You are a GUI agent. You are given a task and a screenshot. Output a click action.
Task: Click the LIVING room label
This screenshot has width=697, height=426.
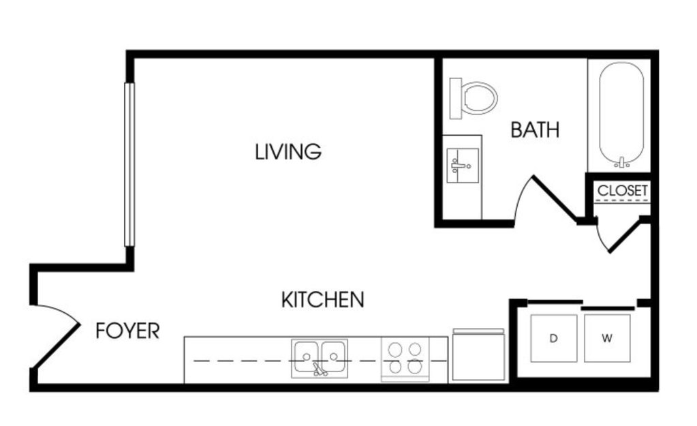pos(288,151)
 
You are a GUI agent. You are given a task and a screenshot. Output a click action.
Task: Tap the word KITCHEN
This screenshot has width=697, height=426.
pos(323,300)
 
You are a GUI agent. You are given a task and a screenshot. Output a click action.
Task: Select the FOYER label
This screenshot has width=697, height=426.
pos(127,331)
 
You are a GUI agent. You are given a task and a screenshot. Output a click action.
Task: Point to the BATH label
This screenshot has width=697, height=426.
pos(535,130)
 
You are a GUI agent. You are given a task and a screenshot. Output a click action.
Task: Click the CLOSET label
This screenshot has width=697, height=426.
pos(622,190)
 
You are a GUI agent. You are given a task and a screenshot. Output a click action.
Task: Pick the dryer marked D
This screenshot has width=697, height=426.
pos(554,338)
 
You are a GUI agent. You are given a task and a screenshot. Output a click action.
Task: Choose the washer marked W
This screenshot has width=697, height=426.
pos(607,338)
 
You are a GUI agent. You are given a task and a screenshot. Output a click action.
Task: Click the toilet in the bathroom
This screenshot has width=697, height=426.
pos(473,98)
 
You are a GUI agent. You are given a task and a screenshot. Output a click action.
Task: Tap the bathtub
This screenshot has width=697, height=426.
pos(621,115)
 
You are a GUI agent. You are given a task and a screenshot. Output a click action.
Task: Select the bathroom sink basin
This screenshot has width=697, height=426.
pos(463,166)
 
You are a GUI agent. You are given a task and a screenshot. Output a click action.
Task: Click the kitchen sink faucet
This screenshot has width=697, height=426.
pos(319,369)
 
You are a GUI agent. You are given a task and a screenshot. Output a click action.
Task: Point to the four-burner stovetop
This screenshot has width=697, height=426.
pos(405,359)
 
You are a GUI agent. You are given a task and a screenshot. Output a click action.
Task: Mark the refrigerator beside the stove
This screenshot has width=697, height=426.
pos(478,354)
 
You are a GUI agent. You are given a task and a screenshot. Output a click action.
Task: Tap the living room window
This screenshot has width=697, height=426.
pos(129,164)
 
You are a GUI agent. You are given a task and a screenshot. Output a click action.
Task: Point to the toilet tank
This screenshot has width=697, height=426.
pos(456,98)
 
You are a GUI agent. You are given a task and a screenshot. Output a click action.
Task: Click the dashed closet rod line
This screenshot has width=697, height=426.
pos(622,201)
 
